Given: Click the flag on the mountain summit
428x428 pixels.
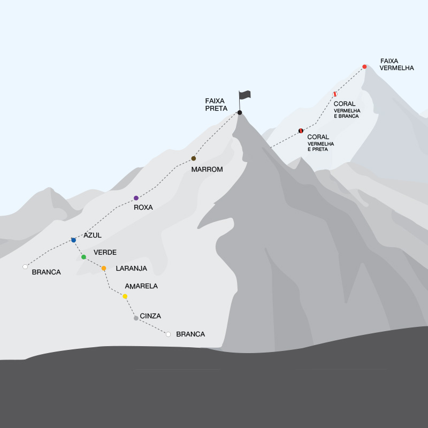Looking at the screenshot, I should pyautogui.click(x=244, y=95).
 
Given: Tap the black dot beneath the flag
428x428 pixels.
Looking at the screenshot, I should pyautogui.click(x=240, y=112).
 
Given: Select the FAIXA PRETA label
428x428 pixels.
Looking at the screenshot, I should pyautogui.click(x=216, y=104).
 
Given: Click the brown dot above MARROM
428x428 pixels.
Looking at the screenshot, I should pyautogui.click(x=194, y=158).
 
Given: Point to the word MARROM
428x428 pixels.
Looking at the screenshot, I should pyautogui.click(x=207, y=170).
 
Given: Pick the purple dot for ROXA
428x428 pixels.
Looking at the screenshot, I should pyautogui.click(x=136, y=198).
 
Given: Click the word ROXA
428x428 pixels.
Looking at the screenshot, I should pyautogui.click(x=143, y=208).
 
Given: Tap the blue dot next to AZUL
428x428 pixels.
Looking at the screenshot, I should pyautogui.click(x=73, y=240).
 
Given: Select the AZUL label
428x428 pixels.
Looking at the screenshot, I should pyautogui.click(x=93, y=235).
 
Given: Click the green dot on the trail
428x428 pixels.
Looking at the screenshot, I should pyautogui.click(x=83, y=257).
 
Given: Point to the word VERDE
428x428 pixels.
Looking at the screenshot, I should pyautogui.click(x=105, y=252).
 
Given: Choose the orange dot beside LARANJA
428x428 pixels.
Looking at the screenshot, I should pyautogui.click(x=104, y=268).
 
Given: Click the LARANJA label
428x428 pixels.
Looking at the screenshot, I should pyautogui.click(x=131, y=269).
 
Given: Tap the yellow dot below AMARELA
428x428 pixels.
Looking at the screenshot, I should pyautogui.click(x=125, y=296).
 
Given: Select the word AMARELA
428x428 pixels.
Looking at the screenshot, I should pyautogui.click(x=141, y=286).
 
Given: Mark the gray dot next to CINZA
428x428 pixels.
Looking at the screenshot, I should pyautogui.click(x=136, y=318).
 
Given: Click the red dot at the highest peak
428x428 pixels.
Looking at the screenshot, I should pyautogui.click(x=364, y=67).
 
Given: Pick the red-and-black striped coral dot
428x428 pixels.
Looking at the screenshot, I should pyautogui.click(x=301, y=131).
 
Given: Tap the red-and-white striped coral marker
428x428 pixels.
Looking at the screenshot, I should pyautogui.click(x=335, y=94).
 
